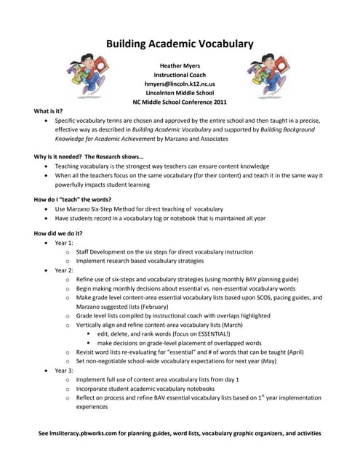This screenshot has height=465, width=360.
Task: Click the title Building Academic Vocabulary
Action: click(x=180, y=44)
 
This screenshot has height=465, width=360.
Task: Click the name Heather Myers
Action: click(x=180, y=65)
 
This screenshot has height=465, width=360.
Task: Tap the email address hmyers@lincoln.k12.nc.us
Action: click(x=180, y=84)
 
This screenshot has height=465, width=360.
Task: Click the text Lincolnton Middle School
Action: click(x=180, y=93)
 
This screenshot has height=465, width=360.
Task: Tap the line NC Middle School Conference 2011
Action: click(x=180, y=102)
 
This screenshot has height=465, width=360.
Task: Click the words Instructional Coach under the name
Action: click(x=180, y=75)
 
